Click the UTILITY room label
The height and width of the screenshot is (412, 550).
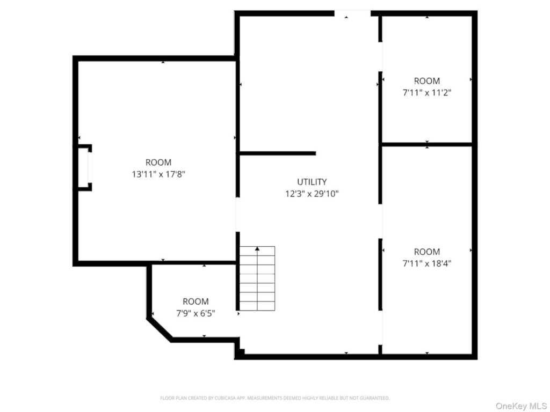(312, 182)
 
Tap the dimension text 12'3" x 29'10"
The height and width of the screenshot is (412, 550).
(312, 194)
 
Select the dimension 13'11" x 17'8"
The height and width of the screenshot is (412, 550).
(158, 174)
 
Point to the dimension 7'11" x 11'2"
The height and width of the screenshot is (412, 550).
(427, 93)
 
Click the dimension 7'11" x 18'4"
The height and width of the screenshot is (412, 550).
(427, 263)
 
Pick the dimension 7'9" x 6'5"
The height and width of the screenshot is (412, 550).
(196, 313)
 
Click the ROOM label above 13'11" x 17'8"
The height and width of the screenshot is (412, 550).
(158, 162)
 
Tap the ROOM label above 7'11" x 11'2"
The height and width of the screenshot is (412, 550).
(427, 81)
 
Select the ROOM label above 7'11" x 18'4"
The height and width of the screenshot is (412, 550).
(427, 252)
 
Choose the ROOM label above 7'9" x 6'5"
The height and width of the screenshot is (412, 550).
(196, 301)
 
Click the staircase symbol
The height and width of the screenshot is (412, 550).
(257, 278)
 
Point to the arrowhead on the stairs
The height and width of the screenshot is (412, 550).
(257, 249)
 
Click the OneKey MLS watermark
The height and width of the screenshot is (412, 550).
(521, 406)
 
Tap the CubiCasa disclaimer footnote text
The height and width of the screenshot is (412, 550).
(274, 398)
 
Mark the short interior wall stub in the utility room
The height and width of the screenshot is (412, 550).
(278, 153)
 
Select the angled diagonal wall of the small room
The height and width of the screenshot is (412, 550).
(160, 330)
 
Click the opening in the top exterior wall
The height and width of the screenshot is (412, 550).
(352, 13)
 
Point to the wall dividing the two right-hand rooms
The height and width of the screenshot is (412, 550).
(427, 144)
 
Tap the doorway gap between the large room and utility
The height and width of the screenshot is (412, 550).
(237, 215)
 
